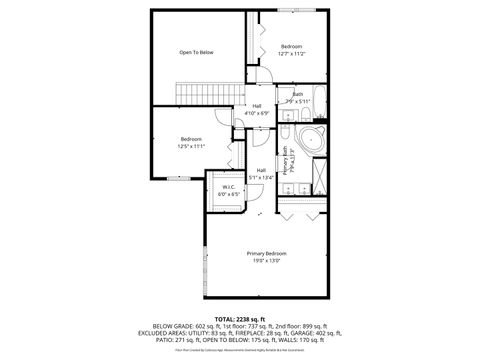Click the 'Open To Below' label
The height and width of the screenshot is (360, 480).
click(197, 52)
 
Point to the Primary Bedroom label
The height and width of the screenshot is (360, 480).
click(267, 253)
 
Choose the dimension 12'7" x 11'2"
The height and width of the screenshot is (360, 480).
click(291, 53)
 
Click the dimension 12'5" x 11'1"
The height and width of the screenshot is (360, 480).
click(191, 145)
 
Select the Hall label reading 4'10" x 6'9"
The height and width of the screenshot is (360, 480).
click(257, 113)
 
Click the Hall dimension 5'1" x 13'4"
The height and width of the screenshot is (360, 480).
click(261, 177)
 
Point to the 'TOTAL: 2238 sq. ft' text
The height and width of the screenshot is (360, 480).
click(240, 317)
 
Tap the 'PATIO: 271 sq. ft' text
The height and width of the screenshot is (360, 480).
click(176, 339)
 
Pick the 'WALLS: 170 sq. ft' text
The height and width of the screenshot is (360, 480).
click(303, 339)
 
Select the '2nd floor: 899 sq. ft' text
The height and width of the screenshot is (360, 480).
click(299, 325)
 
